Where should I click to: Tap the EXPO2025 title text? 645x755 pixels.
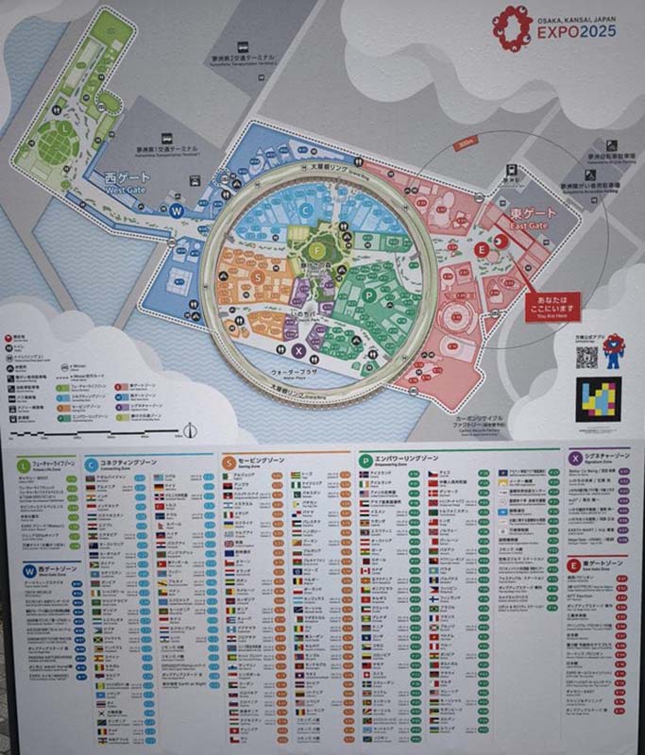tap(578, 32)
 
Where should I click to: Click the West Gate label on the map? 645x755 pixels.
tap(127, 181)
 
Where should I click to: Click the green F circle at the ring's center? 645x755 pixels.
tap(318, 250)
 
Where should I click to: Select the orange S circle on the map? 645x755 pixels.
tap(258, 277)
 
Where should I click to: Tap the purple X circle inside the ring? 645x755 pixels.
tap(299, 349)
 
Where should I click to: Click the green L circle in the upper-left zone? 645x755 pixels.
tap(63, 126)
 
